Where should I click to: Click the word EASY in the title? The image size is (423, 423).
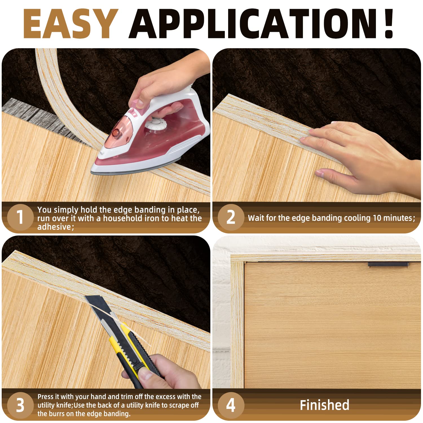pyautogui.click(x=70, y=24)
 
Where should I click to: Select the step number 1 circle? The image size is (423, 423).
pyautogui.click(x=20, y=217)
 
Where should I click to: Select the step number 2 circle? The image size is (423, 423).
pyautogui.click(x=231, y=217)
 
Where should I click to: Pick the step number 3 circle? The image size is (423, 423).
pyautogui.click(x=20, y=405)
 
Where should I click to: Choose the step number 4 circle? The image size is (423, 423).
pyautogui.click(x=231, y=405)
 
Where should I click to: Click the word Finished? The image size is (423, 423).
pyautogui.click(x=325, y=405)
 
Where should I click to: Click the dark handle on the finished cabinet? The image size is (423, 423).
pyautogui.click(x=388, y=265)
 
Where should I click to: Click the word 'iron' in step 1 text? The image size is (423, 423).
pyautogui.click(x=152, y=218)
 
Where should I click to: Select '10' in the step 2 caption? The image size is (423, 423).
pyautogui.click(x=378, y=218)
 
